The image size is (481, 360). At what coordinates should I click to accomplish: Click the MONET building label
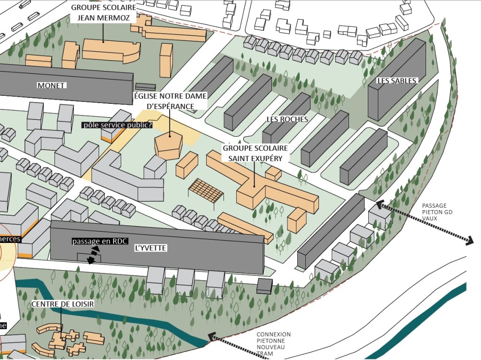(x=51, y=86)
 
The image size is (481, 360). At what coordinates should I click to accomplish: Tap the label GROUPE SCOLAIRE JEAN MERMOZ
(x=103, y=14)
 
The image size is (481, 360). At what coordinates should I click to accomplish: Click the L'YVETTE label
(x=150, y=248)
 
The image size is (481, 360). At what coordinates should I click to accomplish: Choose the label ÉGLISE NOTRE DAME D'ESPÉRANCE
(x=170, y=101)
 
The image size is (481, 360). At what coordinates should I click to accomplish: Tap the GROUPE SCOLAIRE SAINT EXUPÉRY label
(x=255, y=153)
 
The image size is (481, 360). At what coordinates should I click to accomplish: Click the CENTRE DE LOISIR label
(x=63, y=304)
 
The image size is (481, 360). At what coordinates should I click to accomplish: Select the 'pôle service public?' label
(x=117, y=125)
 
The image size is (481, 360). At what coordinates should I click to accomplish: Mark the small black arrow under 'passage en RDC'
(x=95, y=254)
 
